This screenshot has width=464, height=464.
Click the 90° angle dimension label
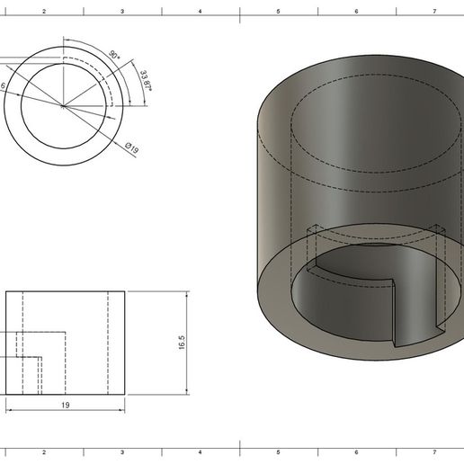113,55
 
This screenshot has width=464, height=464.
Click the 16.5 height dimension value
182,344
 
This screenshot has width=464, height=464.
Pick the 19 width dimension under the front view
65,406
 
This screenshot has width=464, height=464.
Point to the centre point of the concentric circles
63,106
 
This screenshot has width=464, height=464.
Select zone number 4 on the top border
200,12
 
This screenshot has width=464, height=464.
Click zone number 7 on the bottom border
434,452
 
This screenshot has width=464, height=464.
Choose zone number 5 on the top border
278,12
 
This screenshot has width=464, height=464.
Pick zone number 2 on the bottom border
43,452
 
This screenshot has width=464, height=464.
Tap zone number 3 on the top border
121,12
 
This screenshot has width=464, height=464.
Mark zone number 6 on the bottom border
356,452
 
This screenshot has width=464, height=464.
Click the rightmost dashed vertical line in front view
107,342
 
